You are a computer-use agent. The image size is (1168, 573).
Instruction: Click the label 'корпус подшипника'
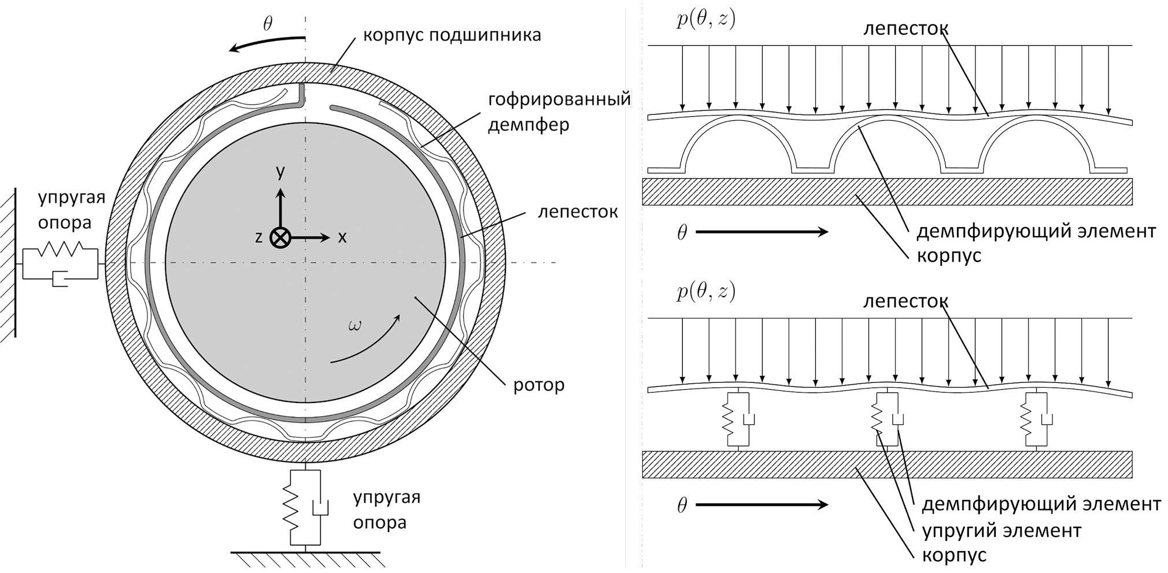click(452, 35)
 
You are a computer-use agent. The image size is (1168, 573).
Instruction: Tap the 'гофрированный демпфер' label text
click(559, 112)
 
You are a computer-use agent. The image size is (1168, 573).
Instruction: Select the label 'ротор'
click(538, 385)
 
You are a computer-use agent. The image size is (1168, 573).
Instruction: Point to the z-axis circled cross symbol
click(280, 238)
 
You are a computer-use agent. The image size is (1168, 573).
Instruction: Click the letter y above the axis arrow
click(280, 172)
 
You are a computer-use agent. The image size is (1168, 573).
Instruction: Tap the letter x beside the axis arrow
click(342, 237)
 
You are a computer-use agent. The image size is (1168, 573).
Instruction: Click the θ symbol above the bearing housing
click(267, 24)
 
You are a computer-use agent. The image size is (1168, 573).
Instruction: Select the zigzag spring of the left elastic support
click(60, 249)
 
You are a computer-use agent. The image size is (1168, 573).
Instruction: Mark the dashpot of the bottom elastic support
click(319, 507)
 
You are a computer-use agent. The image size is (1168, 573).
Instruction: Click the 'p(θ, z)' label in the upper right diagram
click(705, 20)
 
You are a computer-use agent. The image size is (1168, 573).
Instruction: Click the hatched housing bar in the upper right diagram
click(887, 192)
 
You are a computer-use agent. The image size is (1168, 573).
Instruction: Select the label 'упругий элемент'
click(1001, 530)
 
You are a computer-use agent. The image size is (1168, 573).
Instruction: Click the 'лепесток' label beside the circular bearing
click(578, 212)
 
